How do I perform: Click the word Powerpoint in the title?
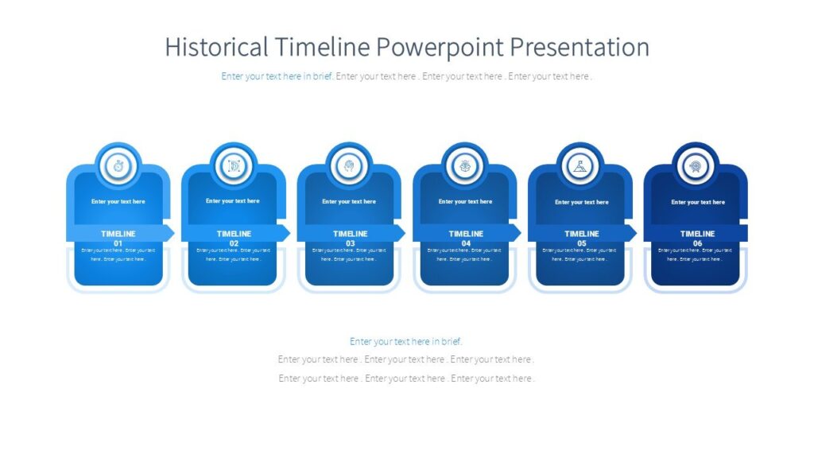(438, 47)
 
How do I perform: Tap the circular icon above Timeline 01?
(118, 166)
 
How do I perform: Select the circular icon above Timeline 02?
(234, 166)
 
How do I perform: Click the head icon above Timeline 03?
(349, 166)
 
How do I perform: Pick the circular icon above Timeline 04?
(465, 166)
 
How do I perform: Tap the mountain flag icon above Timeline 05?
(580, 166)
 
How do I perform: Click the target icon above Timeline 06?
(696, 166)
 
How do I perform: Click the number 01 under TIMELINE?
(118, 243)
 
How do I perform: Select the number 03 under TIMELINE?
(350, 243)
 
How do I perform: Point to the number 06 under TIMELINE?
(697, 243)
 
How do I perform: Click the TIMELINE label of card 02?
(234, 234)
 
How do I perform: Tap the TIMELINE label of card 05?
(581, 234)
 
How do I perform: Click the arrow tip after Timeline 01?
(170, 233)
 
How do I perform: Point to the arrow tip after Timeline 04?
(517, 233)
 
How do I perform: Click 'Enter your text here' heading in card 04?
(465, 202)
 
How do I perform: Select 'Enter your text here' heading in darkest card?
(697, 202)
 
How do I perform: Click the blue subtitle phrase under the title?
(277, 76)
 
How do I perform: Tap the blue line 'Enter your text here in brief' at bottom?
(406, 341)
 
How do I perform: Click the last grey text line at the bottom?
(406, 378)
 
